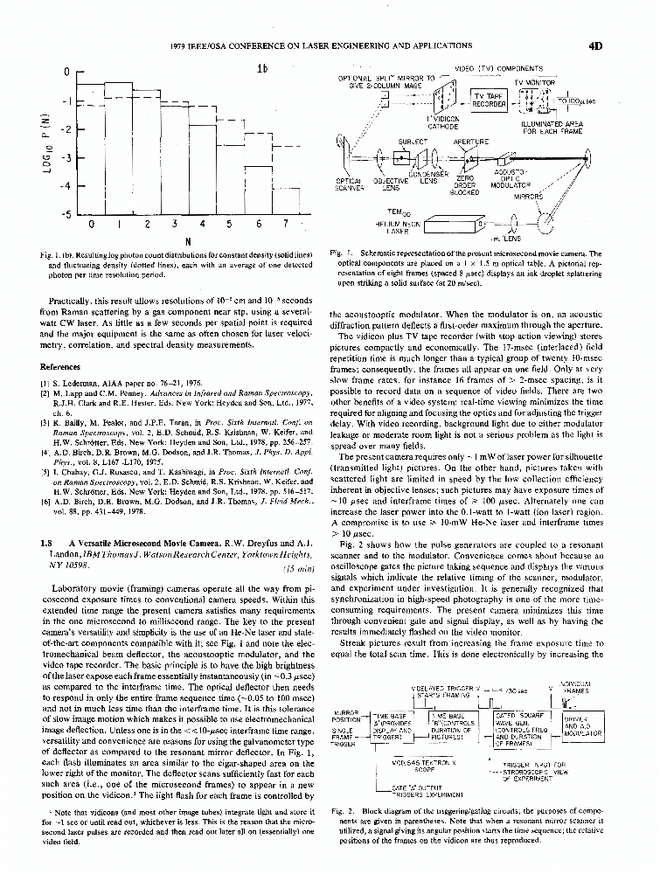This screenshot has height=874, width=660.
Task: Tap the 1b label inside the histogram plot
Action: point(261,69)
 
